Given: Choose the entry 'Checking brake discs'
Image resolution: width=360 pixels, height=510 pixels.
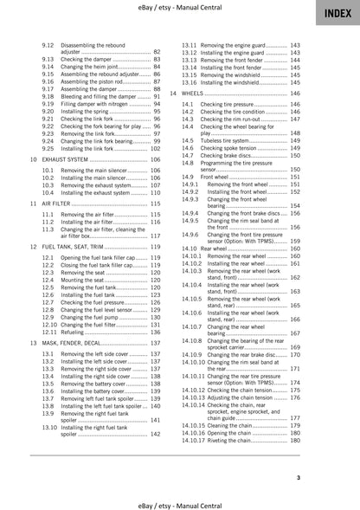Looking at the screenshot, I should click(x=230, y=155).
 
